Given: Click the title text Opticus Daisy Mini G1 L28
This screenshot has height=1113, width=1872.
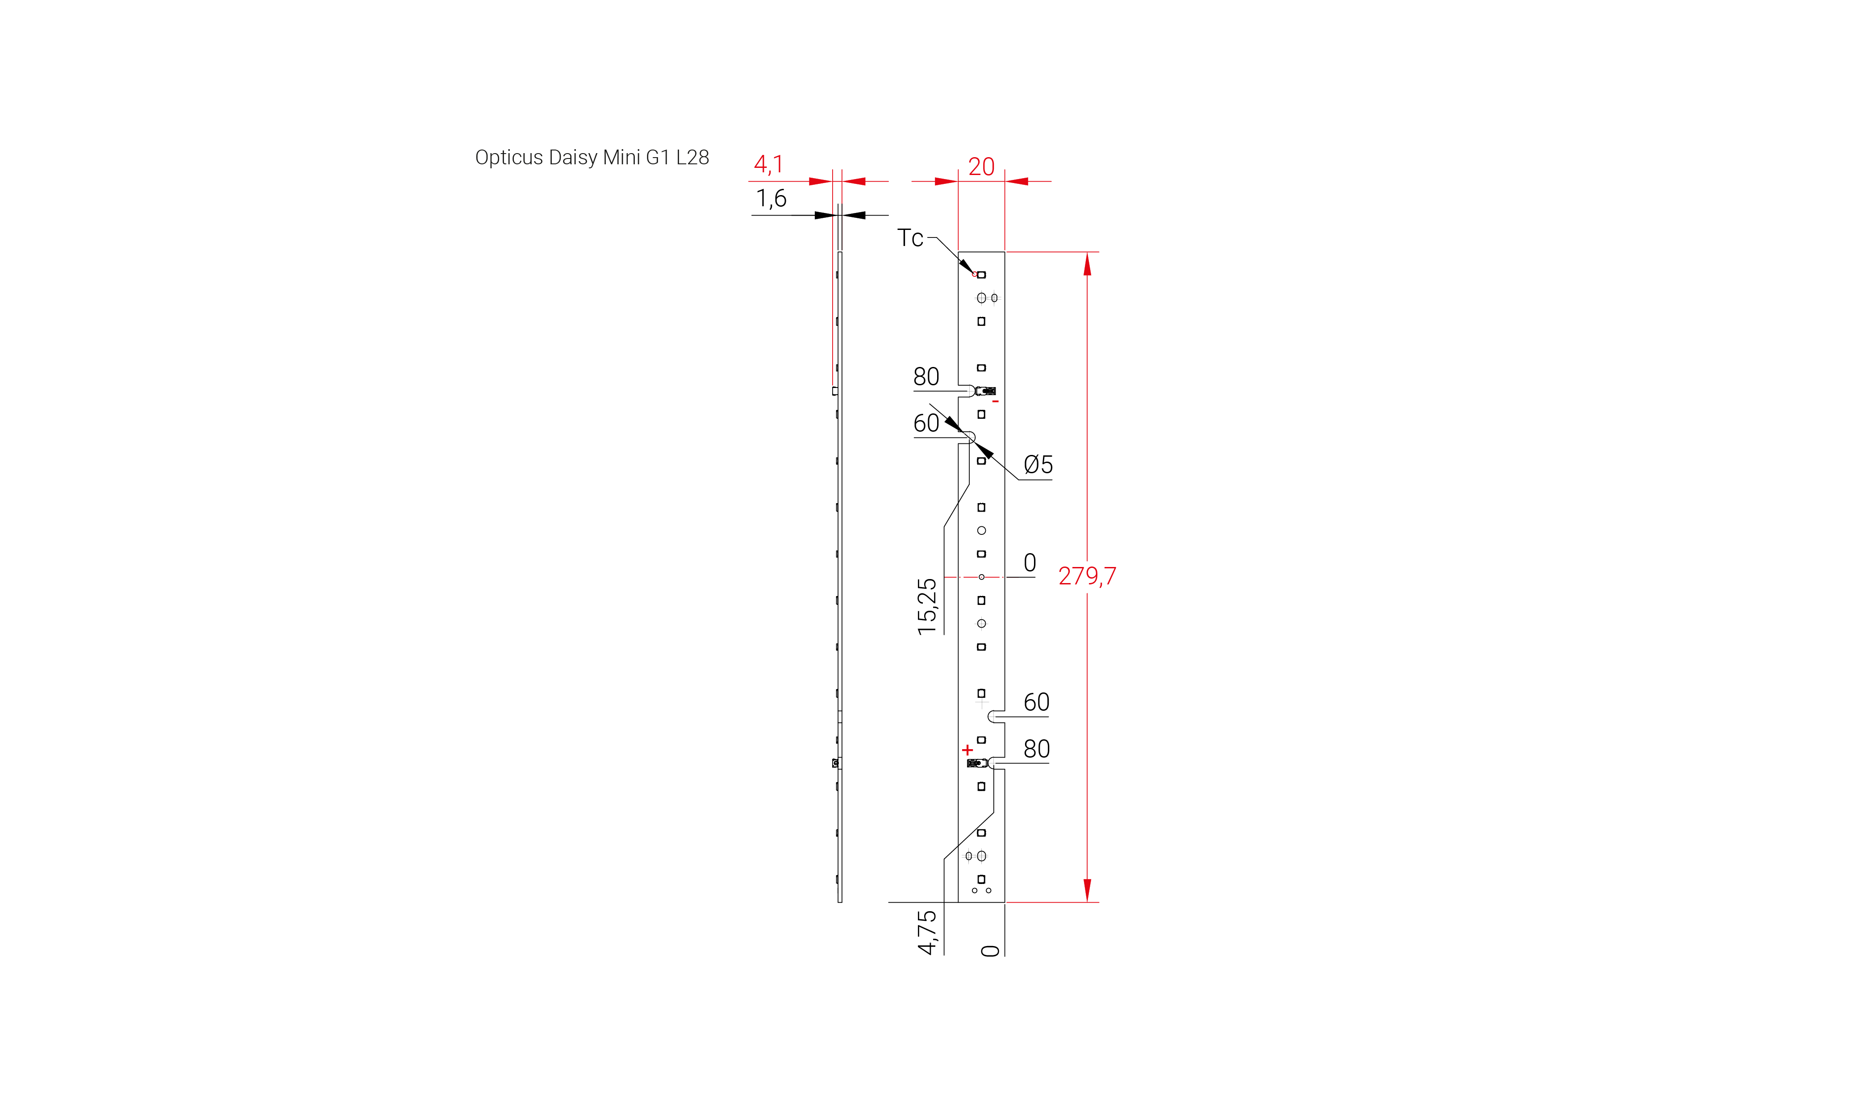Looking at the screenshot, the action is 592,158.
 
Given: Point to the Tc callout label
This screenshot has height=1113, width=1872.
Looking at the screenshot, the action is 910,238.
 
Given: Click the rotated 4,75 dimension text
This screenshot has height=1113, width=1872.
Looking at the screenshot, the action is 927,932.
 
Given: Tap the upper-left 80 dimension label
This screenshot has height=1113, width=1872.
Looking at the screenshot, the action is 926,376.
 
